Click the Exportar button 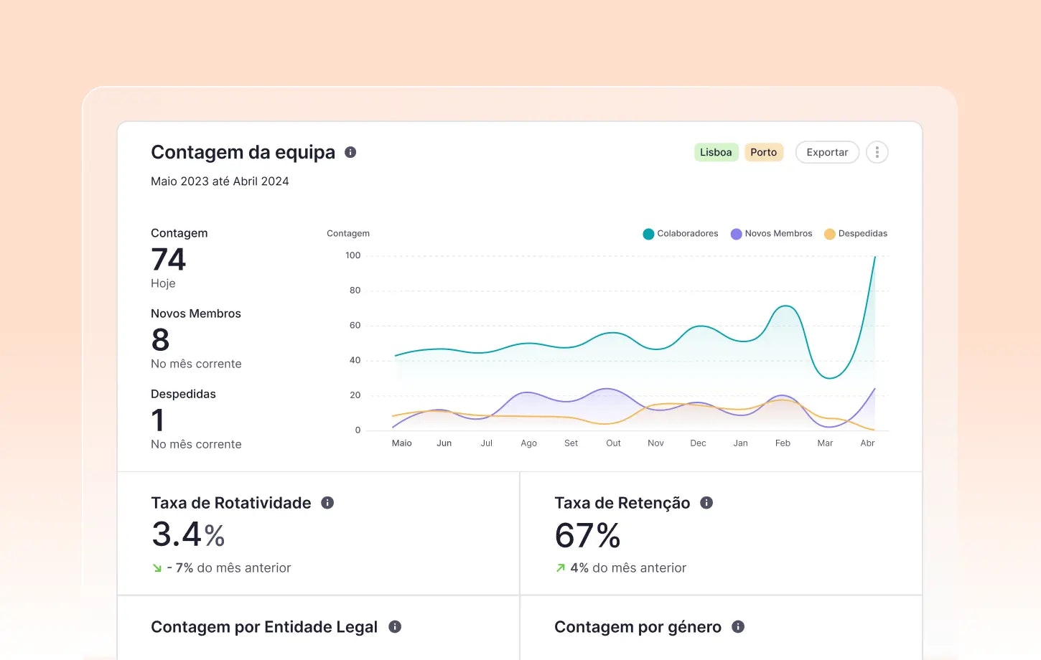[x=827, y=152]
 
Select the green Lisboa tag [x=716, y=152]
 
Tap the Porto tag [x=763, y=152]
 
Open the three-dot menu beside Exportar [x=877, y=152]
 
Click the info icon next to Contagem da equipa [x=350, y=152]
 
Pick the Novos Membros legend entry [x=772, y=234]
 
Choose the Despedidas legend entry [x=856, y=234]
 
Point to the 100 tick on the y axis [x=353, y=255]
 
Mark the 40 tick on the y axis [x=355, y=360]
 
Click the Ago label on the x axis [x=528, y=443]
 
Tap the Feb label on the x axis [x=783, y=443]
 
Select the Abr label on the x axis [x=867, y=443]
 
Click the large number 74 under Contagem [x=169, y=260]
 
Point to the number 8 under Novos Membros [x=161, y=340]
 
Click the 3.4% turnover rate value [x=188, y=534]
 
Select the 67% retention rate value [x=587, y=535]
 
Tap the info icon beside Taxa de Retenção [x=706, y=503]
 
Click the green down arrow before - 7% [x=157, y=568]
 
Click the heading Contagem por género [x=638, y=627]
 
